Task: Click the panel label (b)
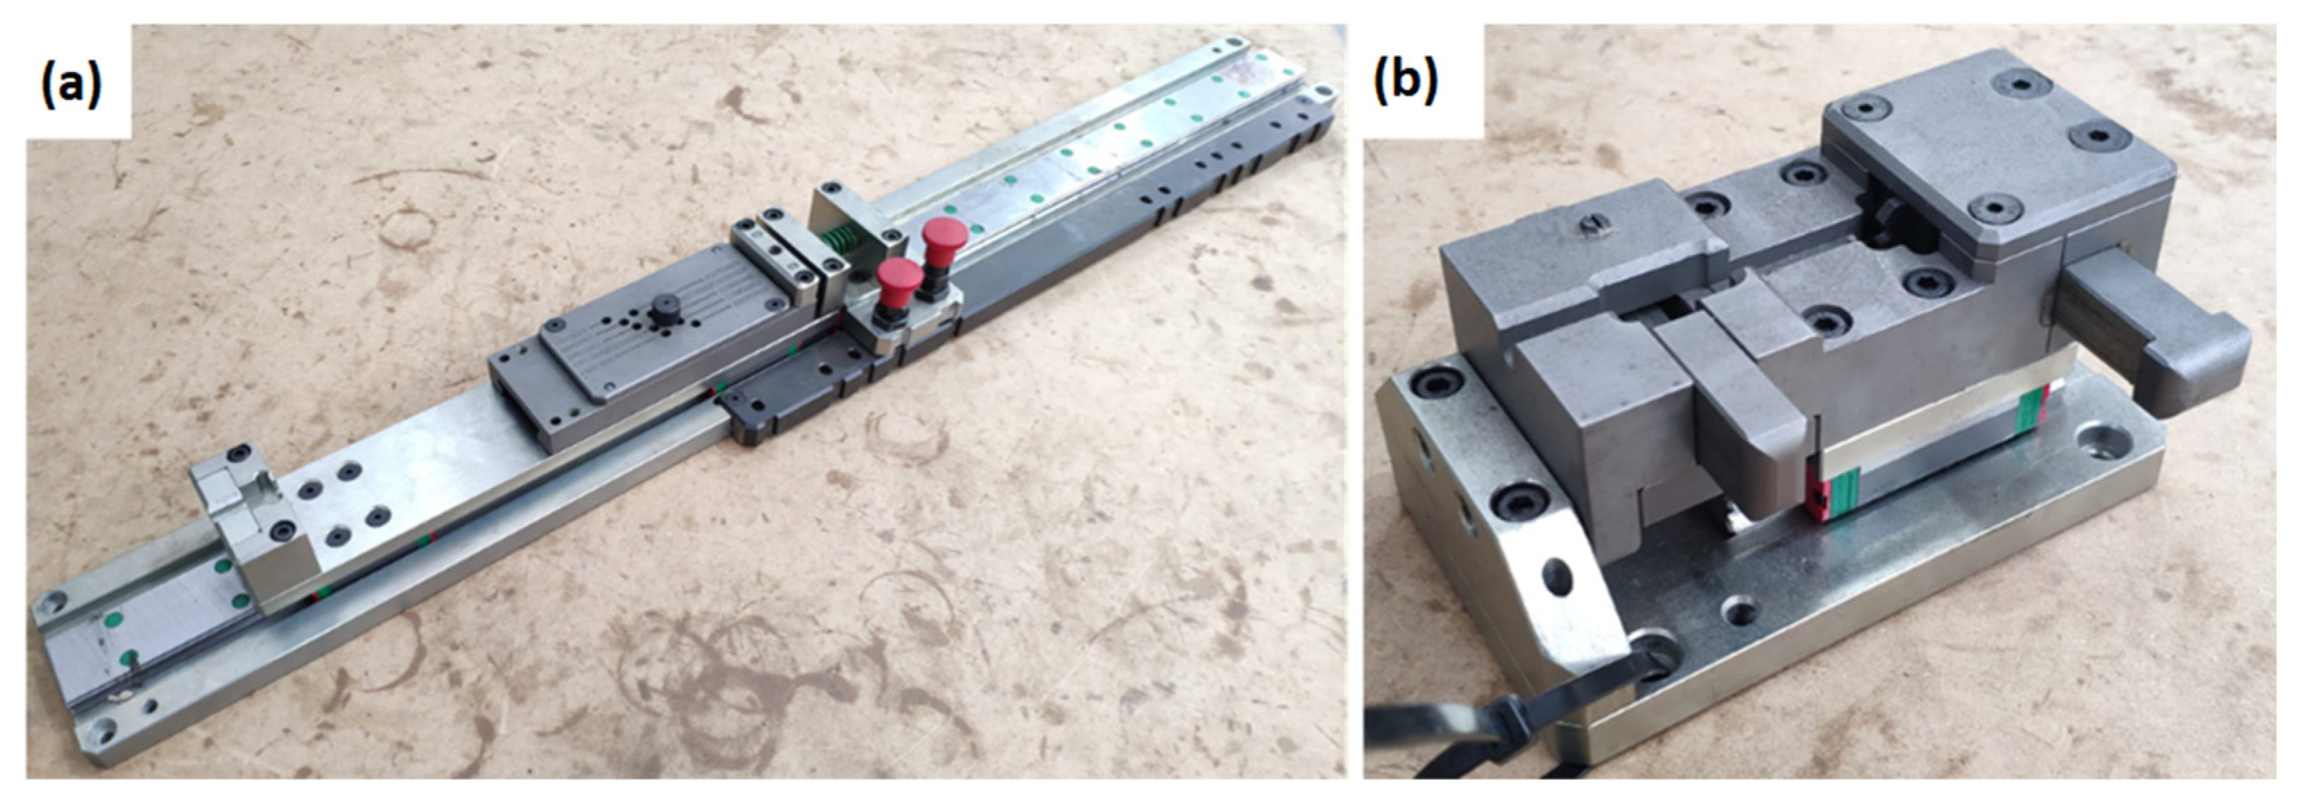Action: click(x=1406, y=82)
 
